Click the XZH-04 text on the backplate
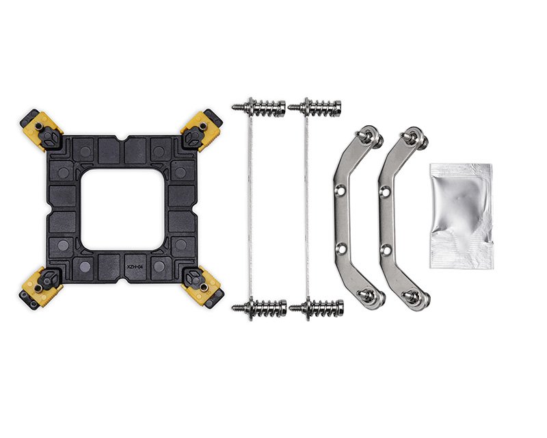(x=135, y=267)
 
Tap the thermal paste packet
(x=461, y=216)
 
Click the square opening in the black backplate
(x=122, y=209)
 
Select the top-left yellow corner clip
(x=41, y=130)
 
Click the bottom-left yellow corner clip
(x=41, y=288)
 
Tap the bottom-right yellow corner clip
(x=203, y=288)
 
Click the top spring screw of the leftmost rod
(x=258, y=107)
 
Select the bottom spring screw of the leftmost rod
(x=259, y=309)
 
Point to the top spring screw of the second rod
(x=315, y=107)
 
